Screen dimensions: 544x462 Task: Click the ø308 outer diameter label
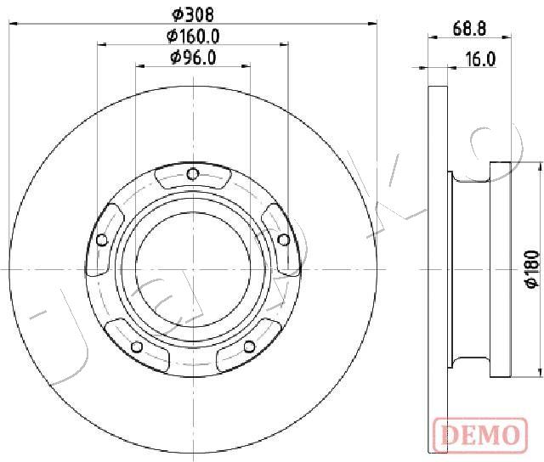193,14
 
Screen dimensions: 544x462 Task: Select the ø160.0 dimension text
193,36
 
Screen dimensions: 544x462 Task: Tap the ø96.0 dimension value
193,58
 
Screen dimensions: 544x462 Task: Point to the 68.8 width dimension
469,28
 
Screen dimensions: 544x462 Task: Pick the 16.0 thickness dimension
480,59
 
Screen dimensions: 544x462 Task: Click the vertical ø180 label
533,268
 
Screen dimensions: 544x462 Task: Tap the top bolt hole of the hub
193,173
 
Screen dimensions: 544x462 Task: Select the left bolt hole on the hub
102,239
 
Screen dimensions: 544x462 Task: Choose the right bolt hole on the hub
284,239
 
